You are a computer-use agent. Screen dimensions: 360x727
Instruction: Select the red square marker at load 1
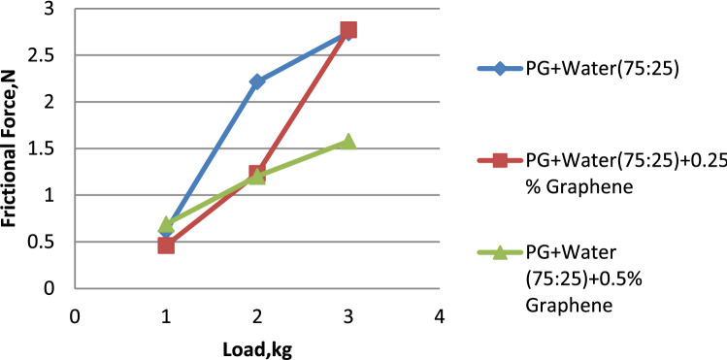166,245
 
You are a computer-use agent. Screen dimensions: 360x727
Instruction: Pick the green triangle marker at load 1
166,225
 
